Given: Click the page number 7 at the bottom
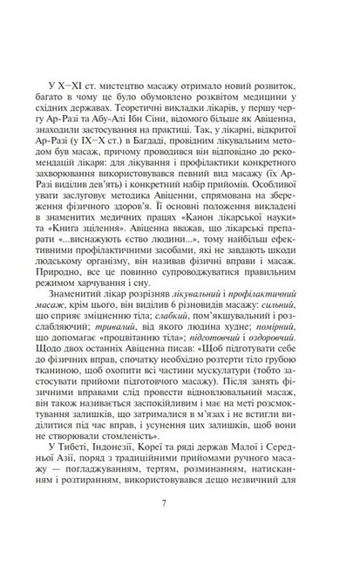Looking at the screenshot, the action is [180, 526].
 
